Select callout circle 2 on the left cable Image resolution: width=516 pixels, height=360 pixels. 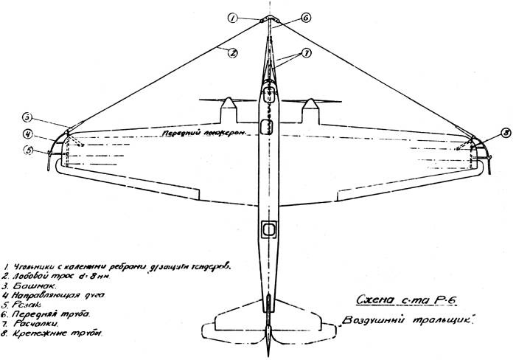click(x=231, y=52)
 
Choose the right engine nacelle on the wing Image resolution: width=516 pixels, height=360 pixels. click(x=312, y=111)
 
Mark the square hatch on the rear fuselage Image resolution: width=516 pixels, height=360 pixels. click(x=268, y=229)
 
